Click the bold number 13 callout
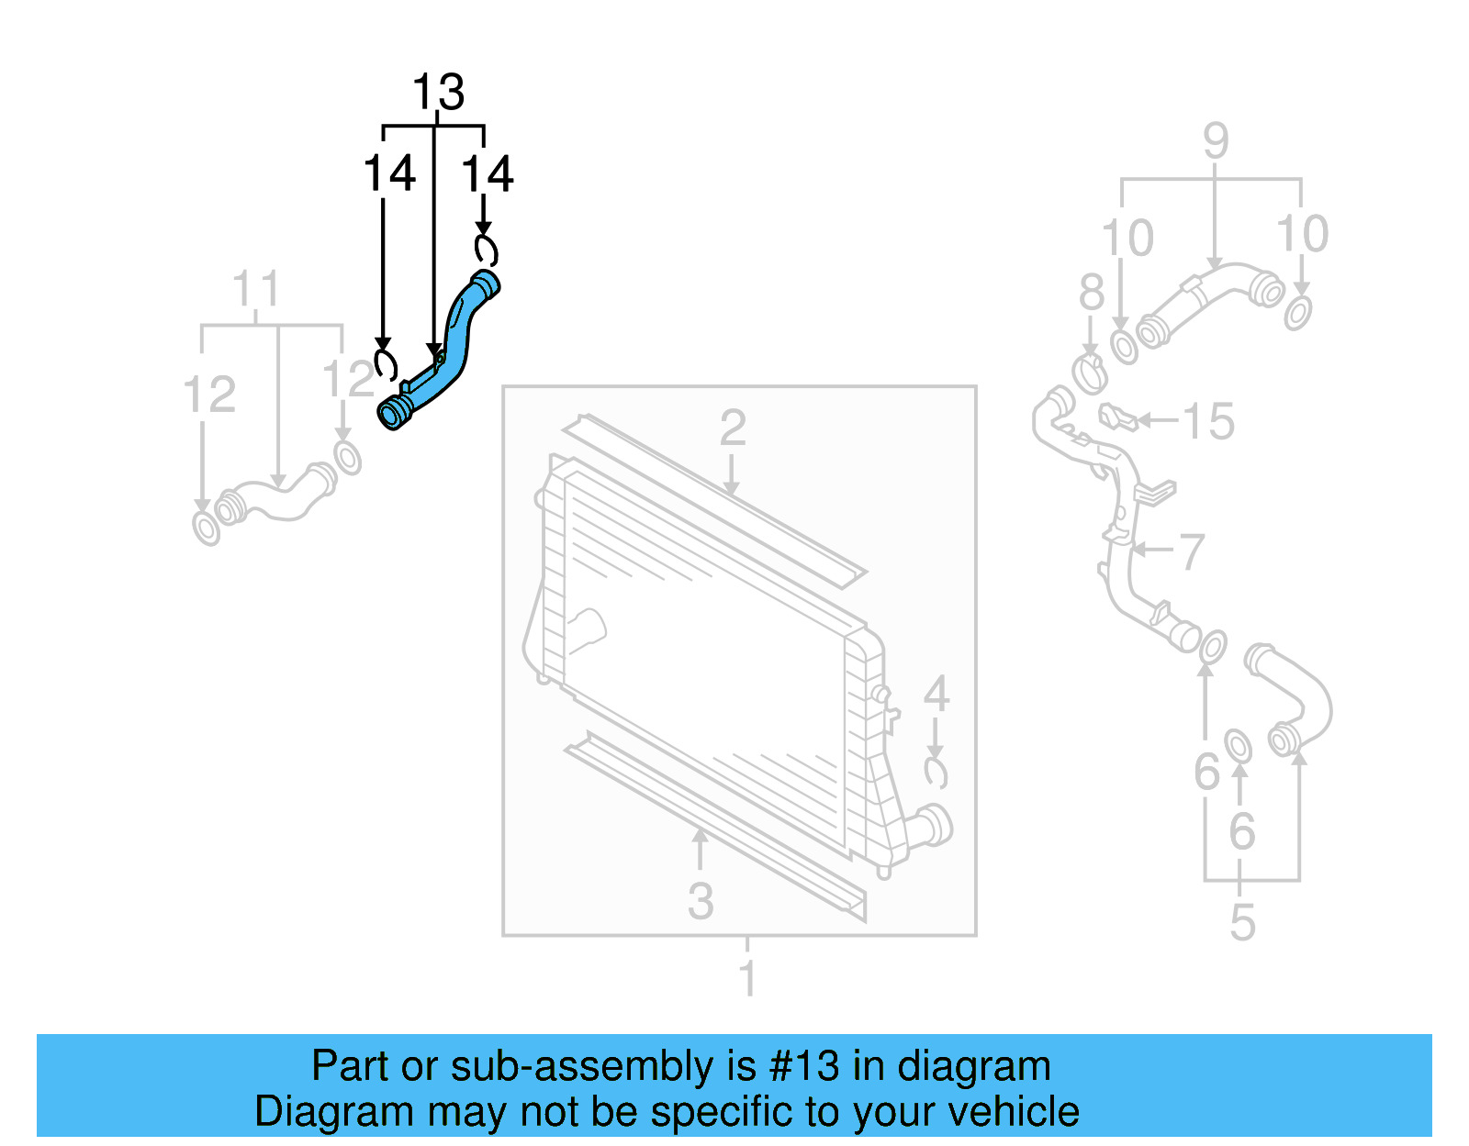[438, 93]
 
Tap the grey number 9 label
[1215, 141]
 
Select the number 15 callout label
[1207, 422]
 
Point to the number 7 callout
[1191, 551]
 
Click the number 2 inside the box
[732, 428]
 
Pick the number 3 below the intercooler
[701, 901]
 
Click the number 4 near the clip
[936, 694]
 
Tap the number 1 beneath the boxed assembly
[747, 978]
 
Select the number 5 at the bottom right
[1241, 922]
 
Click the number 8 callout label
[1091, 293]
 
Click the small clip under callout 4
[936, 773]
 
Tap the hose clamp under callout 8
[1090, 373]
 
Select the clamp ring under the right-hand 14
[485, 249]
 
